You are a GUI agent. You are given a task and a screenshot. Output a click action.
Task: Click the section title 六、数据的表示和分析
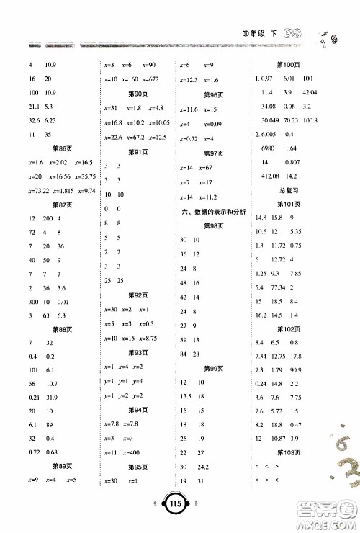pyautogui.click(x=214, y=211)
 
